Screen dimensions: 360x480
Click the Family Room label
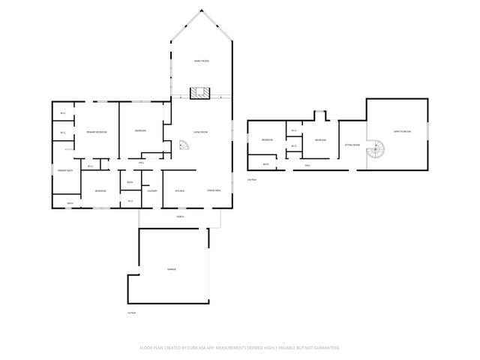(201, 60)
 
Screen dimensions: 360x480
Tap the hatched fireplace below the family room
(199, 93)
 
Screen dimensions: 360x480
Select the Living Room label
(200, 133)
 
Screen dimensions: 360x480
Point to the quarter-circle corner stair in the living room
(183, 148)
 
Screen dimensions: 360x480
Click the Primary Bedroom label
(97, 132)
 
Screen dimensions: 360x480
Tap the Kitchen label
(180, 191)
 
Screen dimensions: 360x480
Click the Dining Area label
(214, 191)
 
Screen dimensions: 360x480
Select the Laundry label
(151, 191)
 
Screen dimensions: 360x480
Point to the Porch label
(180, 217)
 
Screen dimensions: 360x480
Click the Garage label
(171, 268)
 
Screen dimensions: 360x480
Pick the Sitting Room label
(352, 145)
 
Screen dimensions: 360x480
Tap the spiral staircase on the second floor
(374, 154)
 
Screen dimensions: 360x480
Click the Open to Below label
(404, 132)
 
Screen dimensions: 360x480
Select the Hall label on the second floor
(307, 165)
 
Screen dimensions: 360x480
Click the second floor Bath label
(265, 164)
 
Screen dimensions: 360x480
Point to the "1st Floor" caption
(131, 312)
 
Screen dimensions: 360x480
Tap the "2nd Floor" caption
(251, 180)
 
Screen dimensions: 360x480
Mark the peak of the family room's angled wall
(200, 10)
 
